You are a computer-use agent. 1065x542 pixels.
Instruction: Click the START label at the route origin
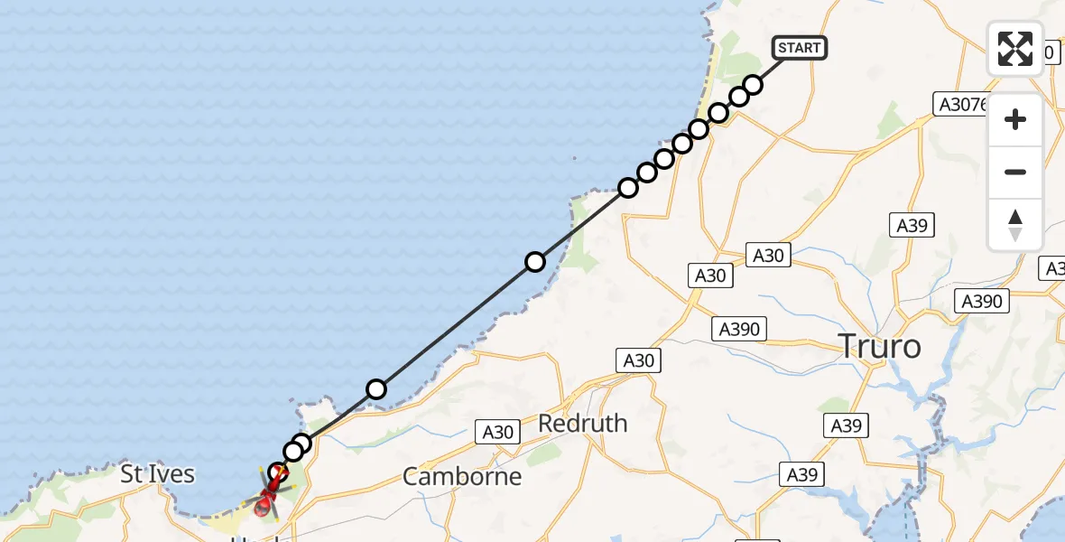pos(799,48)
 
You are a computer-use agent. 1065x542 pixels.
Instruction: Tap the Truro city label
pos(880,345)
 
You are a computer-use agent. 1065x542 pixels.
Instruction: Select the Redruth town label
pos(582,423)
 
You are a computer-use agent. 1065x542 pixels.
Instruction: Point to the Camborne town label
pos(462,476)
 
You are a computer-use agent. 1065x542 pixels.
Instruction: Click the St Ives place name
pos(159,473)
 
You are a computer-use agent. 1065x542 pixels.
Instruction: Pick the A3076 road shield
pos(961,105)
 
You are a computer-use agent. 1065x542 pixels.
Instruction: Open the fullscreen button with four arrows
pos(1015,49)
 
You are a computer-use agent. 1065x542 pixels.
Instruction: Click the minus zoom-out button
pos(1015,172)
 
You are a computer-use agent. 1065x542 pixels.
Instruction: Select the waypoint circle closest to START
pos(753,85)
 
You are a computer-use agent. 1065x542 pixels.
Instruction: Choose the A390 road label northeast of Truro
pos(982,301)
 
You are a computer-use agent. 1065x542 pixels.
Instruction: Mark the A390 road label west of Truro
pos(740,330)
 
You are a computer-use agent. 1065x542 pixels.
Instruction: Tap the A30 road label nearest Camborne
pos(497,433)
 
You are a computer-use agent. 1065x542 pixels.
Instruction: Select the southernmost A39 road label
pos(801,474)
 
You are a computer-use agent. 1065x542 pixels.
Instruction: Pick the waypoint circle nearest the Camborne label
pos(376,389)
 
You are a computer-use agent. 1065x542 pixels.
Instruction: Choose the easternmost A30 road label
pos(768,256)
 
